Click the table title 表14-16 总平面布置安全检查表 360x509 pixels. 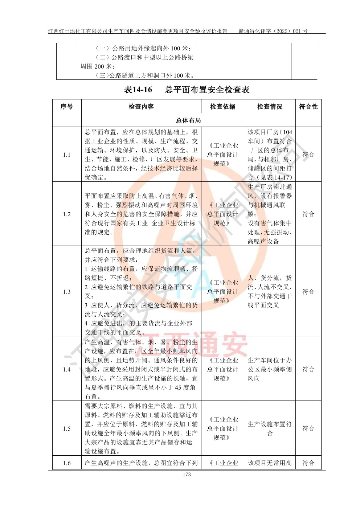click(x=187, y=90)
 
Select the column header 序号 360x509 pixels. click(x=66, y=107)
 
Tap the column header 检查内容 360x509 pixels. click(x=141, y=107)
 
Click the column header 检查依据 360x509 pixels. click(x=222, y=107)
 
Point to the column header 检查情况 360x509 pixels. click(x=270, y=107)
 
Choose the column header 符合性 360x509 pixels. click(x=308, y=107)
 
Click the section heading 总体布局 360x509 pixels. click(x=188, y=120)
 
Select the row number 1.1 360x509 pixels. click(x=66, y=155)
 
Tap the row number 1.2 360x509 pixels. click(x=66, y=214)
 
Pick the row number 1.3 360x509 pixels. click(x=66, y=292)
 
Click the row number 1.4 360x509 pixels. click(x=66, y=369)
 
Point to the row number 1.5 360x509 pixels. click(x=66, y=428)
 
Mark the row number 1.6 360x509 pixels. click(x=66, y=463)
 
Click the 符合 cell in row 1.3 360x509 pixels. click(x=308, y=292)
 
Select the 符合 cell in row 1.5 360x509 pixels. click(x=308, y=428)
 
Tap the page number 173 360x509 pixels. click(x=187, y=475)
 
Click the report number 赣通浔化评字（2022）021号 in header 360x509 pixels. click(x=273, y=31)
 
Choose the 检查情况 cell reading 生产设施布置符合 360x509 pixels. click(x=270, y=428)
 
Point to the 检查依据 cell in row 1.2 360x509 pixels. click(x=222, y=214)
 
